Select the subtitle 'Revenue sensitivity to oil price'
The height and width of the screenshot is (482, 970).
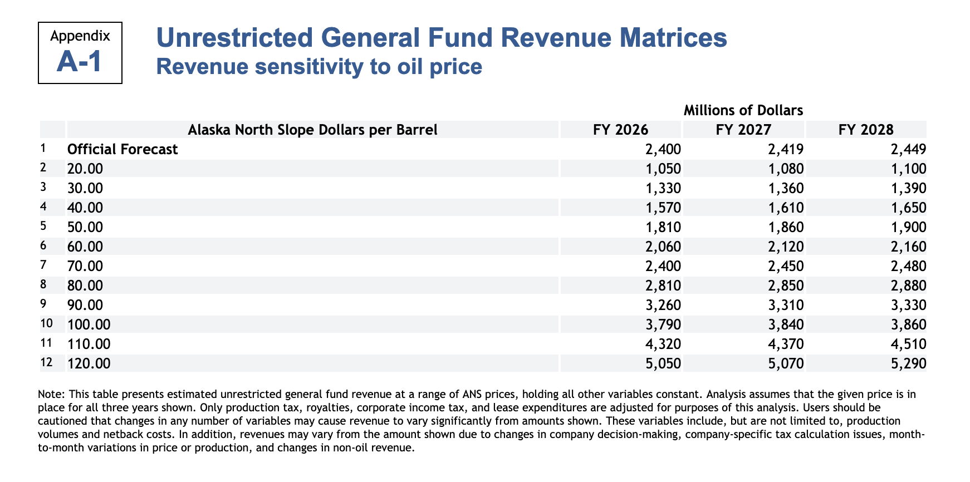point(319,67)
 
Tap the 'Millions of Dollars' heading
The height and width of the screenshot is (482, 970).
point(743,110)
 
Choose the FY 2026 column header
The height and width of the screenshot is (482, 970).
point(620,130)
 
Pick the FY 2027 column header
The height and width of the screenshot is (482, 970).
point(743,130)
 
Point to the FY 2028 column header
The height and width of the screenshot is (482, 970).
point(865,130)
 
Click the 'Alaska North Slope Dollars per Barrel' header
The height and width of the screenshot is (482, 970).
point(312,130)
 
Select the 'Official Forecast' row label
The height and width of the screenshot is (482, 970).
point(123,149)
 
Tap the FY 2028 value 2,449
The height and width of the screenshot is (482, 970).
point(910,149)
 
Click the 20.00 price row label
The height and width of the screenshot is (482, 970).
point(85,169)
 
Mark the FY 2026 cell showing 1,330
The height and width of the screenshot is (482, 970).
point(665,188)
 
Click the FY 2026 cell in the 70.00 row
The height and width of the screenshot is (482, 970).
point(665,266)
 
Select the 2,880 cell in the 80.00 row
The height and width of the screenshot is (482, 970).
point(910,286)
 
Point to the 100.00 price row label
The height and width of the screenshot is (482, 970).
point(89,324)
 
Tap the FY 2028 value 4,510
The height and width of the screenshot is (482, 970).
point(910,344)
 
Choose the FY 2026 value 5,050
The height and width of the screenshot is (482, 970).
point(665,363)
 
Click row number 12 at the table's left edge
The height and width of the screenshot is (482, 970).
point(47,362)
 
